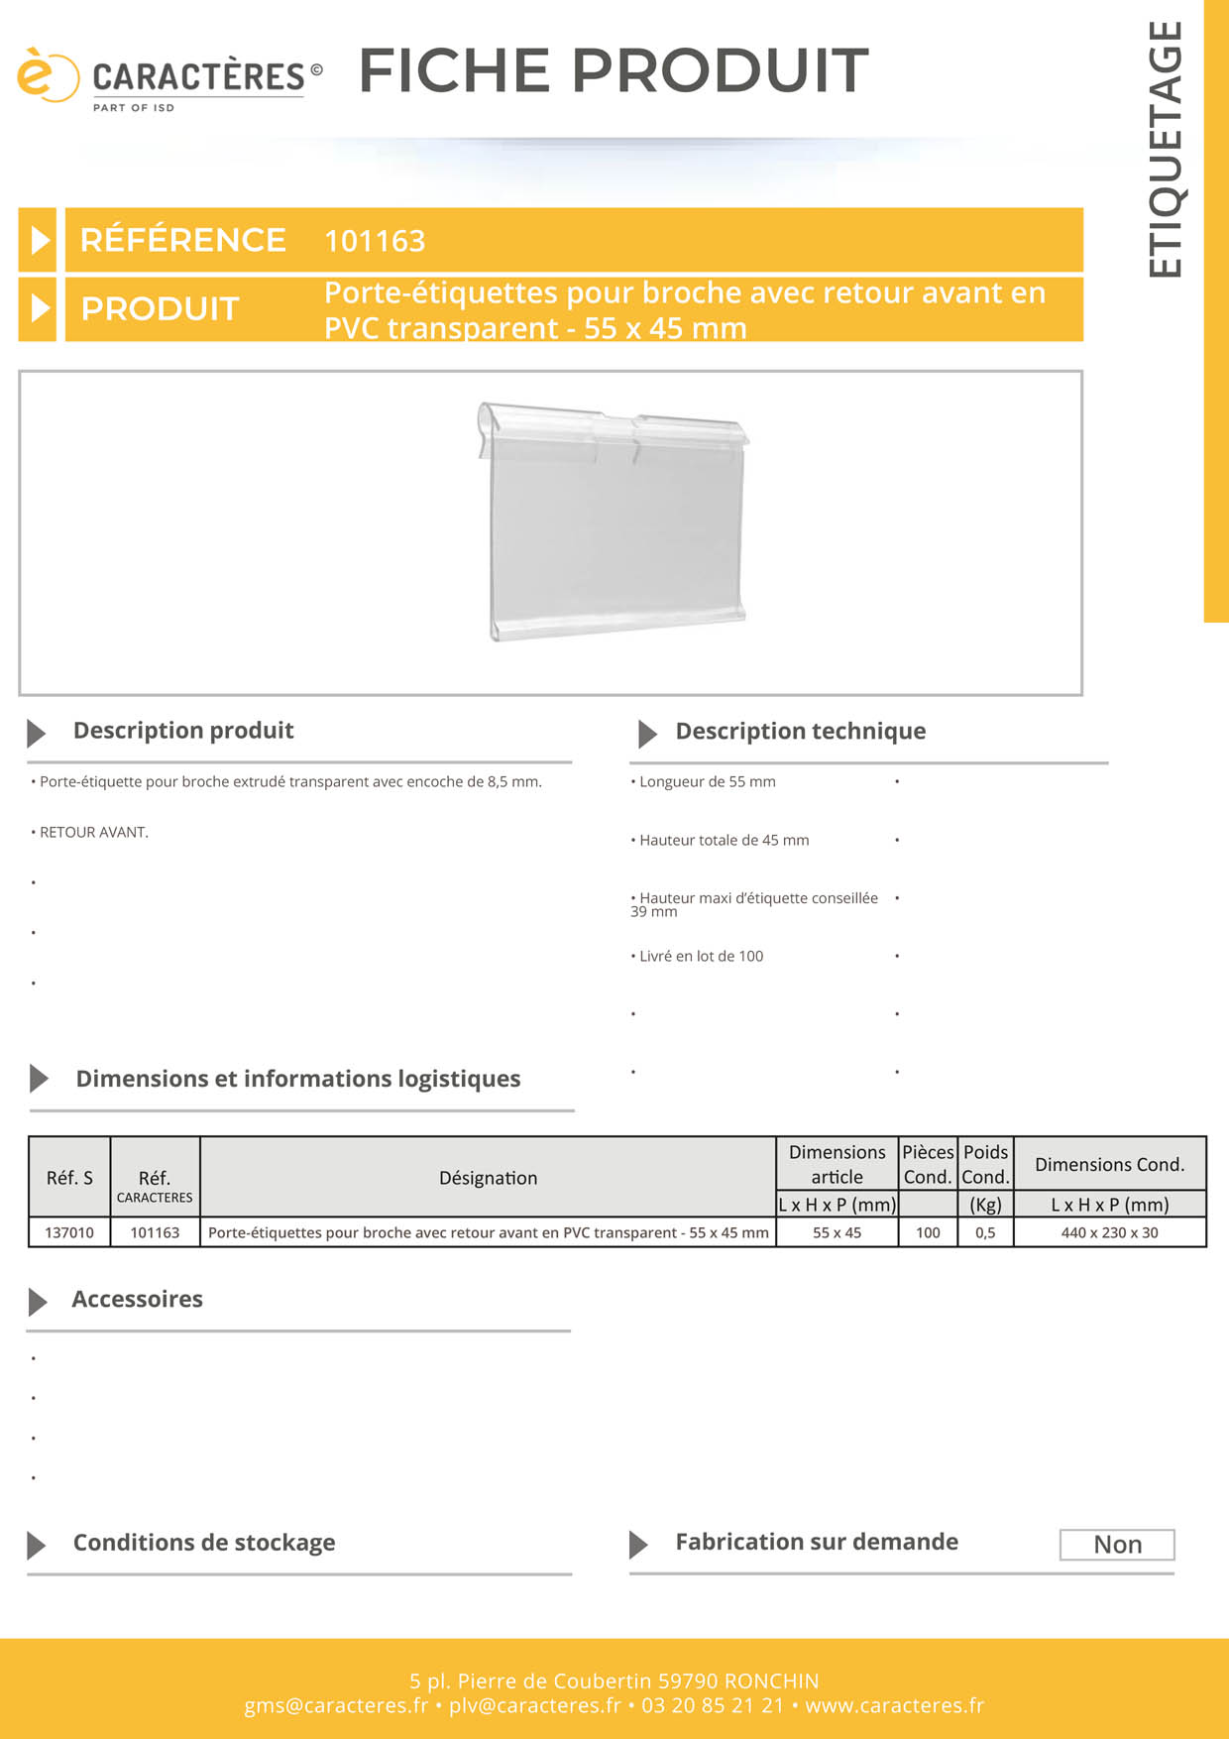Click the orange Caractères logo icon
46,75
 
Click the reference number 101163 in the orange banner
375,241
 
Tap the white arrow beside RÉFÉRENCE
39,240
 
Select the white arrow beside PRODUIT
39,308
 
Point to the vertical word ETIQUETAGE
1166,149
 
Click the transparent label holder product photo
614,522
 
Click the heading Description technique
800,732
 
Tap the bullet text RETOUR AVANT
93,833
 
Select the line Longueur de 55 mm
707,782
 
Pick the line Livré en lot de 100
701,957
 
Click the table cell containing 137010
69,1232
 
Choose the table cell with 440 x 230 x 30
1109,1232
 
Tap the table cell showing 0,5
985,1232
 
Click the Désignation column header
488,1178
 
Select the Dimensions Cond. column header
1109,1165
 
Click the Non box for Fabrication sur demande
1117,1545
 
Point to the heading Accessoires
137,1300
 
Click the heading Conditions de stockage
204,1543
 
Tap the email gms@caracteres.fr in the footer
336,1705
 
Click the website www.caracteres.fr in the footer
894,1705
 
